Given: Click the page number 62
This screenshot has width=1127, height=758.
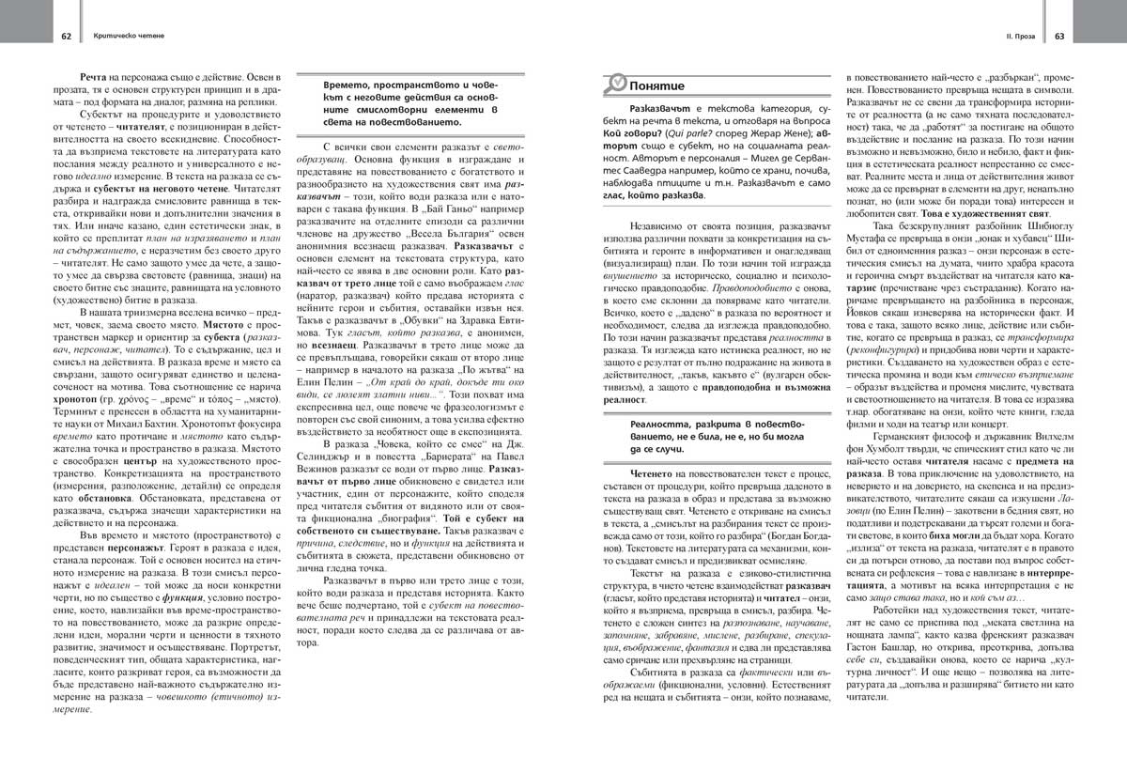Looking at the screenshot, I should [67, 37].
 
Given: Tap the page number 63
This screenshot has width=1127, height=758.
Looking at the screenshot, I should [1058, 37].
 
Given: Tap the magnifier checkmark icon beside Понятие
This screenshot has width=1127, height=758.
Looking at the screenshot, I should [618, 84].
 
